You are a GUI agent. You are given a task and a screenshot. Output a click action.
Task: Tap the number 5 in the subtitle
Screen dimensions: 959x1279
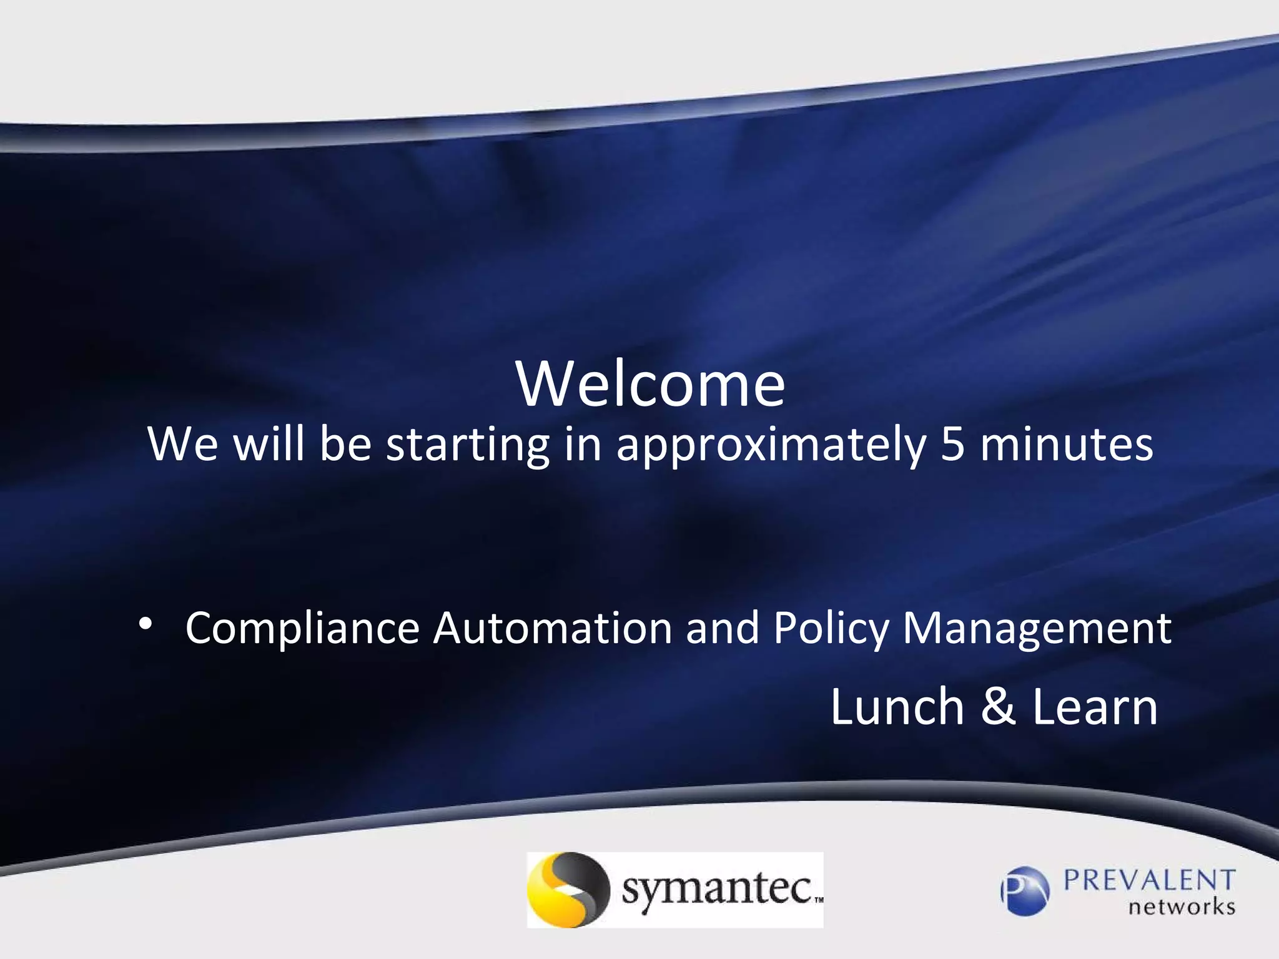(952, 445)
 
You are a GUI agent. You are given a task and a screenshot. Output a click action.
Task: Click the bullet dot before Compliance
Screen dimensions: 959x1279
(145, 624)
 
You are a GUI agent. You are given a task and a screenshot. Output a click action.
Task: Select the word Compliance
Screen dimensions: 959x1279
(302, 628)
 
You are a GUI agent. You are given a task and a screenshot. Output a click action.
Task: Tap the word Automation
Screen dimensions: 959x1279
(553, 628)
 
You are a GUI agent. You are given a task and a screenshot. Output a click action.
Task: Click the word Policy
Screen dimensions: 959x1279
(831, 629)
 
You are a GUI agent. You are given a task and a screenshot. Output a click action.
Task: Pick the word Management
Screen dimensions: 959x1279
(1037, 629)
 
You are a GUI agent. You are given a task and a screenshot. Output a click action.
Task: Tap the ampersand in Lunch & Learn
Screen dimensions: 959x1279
(998, 707)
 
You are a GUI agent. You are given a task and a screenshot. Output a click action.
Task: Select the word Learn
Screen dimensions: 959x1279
(1095, 707)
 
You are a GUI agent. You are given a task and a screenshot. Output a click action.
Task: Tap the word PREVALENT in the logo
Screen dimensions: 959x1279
(1149, 881)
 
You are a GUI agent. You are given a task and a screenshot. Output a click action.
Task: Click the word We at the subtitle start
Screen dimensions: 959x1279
(183, 445)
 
